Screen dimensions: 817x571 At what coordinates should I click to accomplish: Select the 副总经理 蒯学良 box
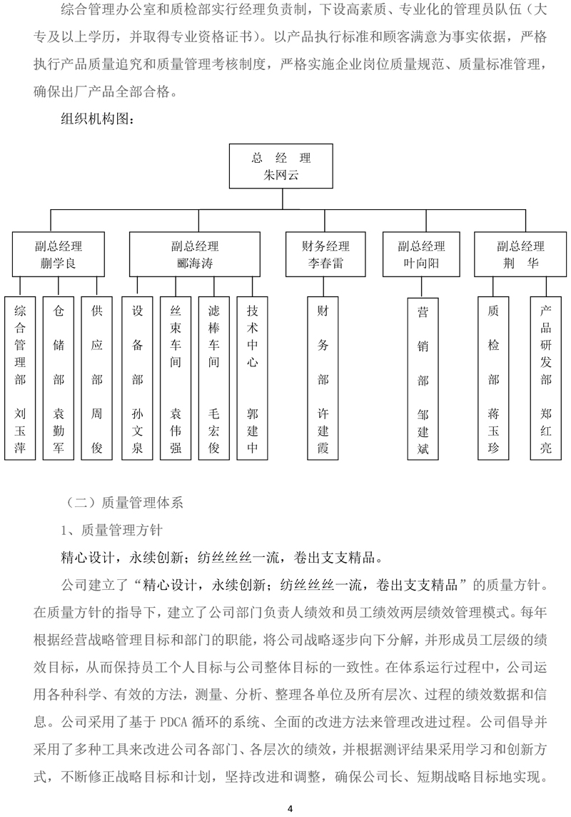point(59,254)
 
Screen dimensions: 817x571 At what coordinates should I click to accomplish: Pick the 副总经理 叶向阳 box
point(422,254)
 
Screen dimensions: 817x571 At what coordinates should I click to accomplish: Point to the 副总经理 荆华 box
point(520,254)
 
